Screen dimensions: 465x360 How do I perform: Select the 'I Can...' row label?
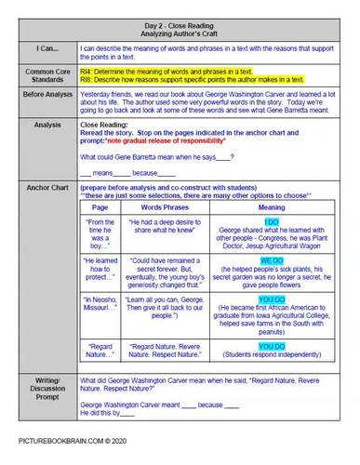tap(44, 47)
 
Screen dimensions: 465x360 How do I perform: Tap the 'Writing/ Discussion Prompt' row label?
tap(44, 390)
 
